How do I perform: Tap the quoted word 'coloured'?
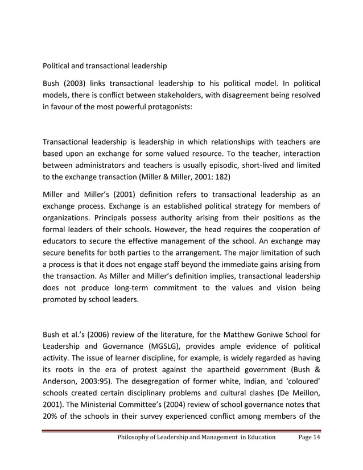301,365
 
